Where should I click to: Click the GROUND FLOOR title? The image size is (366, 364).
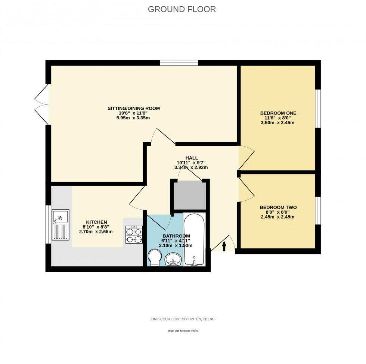[182, 9]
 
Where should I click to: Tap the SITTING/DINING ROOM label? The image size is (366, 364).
[134, 109]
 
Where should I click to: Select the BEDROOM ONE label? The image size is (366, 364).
[278, 113]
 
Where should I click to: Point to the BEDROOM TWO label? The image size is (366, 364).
[278, 207]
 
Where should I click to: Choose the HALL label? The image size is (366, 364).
[191, 158]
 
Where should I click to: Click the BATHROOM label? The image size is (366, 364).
[176, 236]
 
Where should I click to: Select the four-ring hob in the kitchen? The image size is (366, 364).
[134, 235]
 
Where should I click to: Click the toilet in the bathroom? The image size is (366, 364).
[154, 258]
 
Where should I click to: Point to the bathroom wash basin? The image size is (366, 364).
[173, 259]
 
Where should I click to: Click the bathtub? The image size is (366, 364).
[194, 239]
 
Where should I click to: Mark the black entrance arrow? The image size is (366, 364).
[224, 246]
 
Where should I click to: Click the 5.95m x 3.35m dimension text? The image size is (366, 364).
[134, 118]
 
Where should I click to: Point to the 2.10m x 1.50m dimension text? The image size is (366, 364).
[176, 245]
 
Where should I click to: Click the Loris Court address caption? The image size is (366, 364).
[183, 320]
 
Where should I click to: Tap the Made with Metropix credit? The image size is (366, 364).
[183, 330]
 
